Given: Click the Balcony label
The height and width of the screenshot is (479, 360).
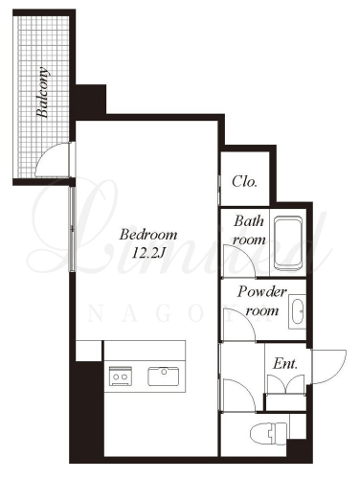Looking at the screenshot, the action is (43, 93).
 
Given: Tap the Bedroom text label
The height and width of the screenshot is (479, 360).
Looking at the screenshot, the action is (148, 235).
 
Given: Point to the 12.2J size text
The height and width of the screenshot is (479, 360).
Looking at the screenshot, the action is (148, 253).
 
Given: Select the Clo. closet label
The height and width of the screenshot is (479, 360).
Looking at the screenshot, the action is (244, 182).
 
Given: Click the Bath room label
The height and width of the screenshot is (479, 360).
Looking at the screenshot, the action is (249, 230).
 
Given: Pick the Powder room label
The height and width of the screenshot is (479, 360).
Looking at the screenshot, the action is (261, 301).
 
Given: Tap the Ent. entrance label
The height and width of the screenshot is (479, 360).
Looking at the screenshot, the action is (285, 363).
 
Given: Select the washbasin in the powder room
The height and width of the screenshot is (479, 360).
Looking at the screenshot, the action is (297, 311).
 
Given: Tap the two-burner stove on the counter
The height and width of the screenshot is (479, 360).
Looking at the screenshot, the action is (121, 376).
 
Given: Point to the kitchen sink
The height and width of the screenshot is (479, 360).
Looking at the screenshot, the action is (163, 376).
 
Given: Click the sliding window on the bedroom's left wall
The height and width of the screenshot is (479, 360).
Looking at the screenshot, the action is (73, 229).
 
